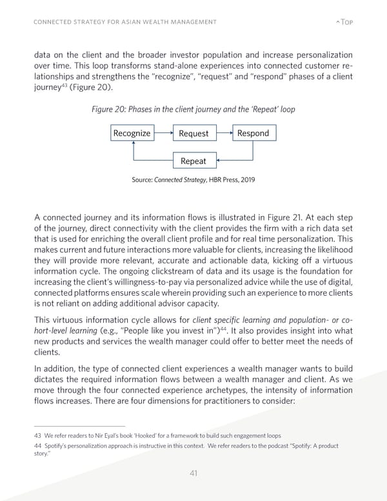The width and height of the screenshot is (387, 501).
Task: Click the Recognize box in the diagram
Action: click(x=132, y=134)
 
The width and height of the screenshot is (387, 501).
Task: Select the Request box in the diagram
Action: click(x=193, y=134)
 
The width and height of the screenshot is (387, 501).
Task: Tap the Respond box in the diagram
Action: click(x=253, y=134)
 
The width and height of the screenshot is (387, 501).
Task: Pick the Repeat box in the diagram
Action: click(x=193, y=161)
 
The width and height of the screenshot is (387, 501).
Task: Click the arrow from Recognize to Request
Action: click(x=163, y=133)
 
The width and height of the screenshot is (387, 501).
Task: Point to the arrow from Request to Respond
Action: click(x=223, y=133)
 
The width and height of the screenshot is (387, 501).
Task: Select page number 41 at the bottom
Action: click(x=193, y=473)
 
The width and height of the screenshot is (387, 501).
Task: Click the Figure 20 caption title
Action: click(x=193, y=109)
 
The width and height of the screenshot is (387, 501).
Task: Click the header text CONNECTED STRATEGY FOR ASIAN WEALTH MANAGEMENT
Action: click(x=124, y=24)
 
